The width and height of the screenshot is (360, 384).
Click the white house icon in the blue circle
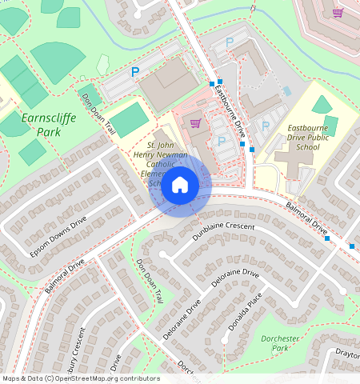pyautogui.click(x=180, y=186)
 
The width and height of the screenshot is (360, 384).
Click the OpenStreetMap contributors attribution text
pyautogui.click(x=80, y=378)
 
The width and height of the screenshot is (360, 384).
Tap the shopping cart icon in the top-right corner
pyautogui.click(x=338, y=13)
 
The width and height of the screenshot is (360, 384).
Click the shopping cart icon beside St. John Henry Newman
pyautogui.click(x=195, y=123)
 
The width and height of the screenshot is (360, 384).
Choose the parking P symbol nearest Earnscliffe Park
pyautogui.click(x=135, y=72)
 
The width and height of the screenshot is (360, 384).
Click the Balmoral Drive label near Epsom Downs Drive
pyautogui.click(x=65, y=274)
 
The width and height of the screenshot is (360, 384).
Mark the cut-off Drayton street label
pyautogui.click(x=347, y=352)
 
